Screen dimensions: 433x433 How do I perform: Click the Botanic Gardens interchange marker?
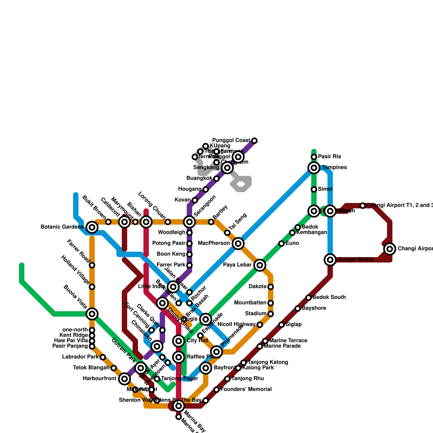click(92, 227)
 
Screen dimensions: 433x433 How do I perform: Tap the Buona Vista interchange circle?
click(92, 314)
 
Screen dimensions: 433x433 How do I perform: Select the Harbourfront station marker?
click(124, 379)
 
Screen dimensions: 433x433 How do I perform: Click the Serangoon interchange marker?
click(189, 222)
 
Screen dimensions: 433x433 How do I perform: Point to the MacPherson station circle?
click(238, 243)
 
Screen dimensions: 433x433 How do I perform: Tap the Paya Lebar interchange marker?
click(260, 265)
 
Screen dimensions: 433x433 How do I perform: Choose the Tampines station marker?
click(314, 168)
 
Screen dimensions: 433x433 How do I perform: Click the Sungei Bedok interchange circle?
click(330, 260)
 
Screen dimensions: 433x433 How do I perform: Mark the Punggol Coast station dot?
click(254, 140)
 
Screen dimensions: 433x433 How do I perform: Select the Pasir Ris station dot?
click(314, 157)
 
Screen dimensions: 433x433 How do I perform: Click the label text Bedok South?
click(329, 297)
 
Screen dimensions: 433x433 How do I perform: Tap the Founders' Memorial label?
click(246, 389)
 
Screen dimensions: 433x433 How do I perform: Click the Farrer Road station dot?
click(92, 265)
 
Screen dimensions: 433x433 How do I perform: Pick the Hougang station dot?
click(206, 189)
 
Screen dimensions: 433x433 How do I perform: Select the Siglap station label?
click(294, 324)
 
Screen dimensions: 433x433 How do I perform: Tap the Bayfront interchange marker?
click(206, 368)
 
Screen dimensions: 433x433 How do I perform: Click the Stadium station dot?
click(271, 314)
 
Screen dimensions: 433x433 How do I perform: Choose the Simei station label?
click(325, 189)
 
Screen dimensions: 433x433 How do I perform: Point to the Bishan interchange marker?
click(146, 222)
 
